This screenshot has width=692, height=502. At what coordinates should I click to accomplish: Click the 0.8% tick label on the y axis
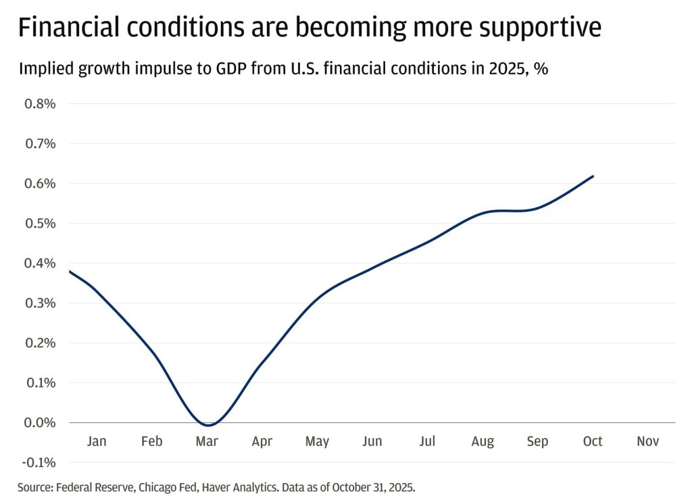tap(40, 104)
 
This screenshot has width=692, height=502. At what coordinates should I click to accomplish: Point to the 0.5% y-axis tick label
tap(40, 224)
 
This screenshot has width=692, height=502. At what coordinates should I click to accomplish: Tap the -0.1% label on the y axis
tap(39, 463)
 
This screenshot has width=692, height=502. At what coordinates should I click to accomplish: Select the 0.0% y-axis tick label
tap(40, 423)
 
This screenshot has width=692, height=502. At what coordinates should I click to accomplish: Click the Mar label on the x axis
tap(207, 441)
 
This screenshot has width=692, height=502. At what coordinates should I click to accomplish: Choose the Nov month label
tap(648, 441)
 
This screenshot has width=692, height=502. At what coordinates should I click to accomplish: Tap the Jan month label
tap(97, 441)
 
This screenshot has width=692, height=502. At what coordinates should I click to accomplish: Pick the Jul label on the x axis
tap(427, 441)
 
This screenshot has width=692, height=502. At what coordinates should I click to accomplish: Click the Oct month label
tap(593, 441)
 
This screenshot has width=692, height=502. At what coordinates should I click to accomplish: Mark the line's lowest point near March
tap(208, 425)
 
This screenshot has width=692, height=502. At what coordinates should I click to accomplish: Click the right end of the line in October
tap(593, 176)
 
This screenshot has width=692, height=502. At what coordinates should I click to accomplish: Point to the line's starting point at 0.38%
tap(70, 271)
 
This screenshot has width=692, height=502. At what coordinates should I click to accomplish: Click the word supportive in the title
tap(540, 27)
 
